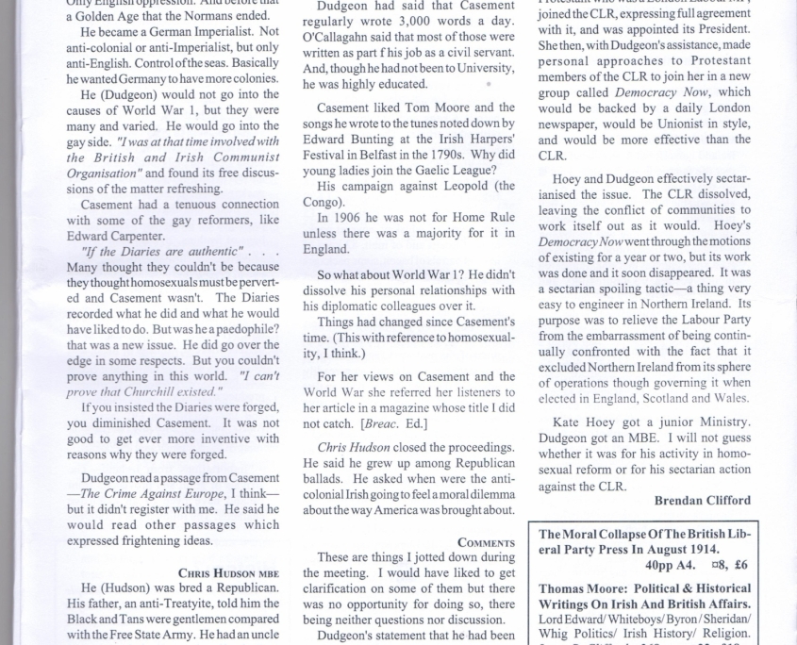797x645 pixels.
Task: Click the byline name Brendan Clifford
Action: [x=703, y=500]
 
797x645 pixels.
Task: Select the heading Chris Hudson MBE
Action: [x=228, y=572]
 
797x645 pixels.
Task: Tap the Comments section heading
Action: [x=487, y=542]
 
